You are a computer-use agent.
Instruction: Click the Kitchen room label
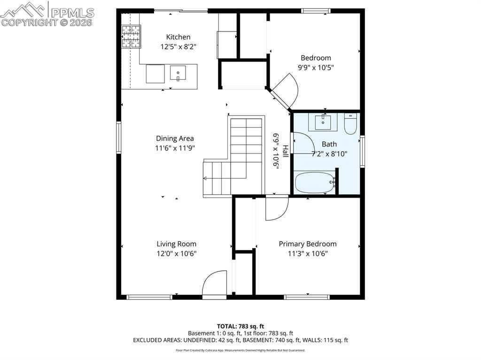point(178,37)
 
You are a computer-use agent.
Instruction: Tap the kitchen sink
point(178,73)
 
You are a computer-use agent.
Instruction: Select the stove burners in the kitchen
point(131,37)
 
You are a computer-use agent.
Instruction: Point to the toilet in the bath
point(350,124)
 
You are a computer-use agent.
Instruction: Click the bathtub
point(315,183)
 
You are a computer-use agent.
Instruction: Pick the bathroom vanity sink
point(323,122)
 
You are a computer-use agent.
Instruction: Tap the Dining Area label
point(175,138)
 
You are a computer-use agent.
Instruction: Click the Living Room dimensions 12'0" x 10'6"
point(177,253)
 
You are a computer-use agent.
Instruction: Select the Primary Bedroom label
point(308,244)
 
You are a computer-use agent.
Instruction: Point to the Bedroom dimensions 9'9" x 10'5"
point(316,68)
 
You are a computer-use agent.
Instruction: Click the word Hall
point(285,152)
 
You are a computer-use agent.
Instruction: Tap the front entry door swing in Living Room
point(214,283)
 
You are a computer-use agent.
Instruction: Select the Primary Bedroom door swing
point(277,208)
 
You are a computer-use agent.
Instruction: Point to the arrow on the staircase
point(225,178)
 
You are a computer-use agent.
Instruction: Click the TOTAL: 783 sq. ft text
point(240,326)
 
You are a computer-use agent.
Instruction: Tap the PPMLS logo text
point(72,13)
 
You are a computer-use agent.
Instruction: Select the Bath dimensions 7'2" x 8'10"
point(329,154)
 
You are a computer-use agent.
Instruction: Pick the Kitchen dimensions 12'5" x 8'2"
point(178,47)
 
